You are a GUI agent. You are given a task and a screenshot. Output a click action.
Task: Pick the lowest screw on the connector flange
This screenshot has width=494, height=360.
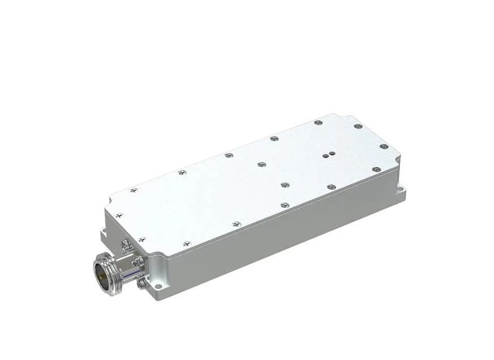point(138,281)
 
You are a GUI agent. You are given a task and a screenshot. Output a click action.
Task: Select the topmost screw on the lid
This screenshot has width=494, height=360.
point(319,121)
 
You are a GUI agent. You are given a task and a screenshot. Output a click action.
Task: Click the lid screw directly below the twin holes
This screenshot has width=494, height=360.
point(286,185)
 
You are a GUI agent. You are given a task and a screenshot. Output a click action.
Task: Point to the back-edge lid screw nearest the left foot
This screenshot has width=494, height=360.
point(133,189)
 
